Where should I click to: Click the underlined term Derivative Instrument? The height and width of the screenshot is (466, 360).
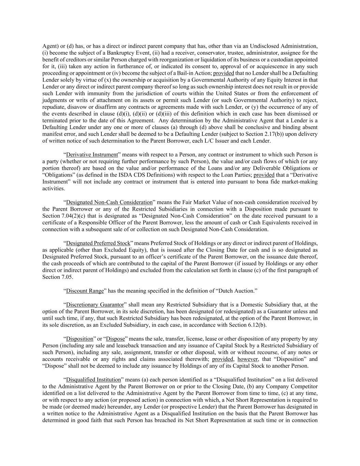92,155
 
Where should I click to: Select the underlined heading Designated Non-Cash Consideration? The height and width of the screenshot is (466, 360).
109,202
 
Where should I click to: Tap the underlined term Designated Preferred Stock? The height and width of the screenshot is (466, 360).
98,243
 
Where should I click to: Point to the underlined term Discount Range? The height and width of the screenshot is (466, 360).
85,291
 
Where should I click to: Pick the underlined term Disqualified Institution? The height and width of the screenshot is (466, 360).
93,380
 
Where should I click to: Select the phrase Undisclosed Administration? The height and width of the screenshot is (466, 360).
284,46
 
